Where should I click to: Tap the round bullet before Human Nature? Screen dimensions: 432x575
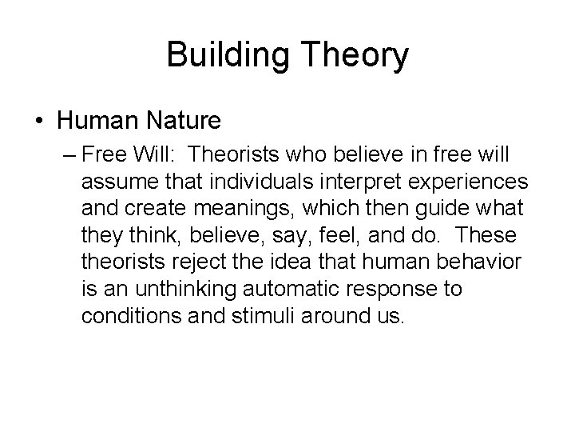[x=38, y=121]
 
